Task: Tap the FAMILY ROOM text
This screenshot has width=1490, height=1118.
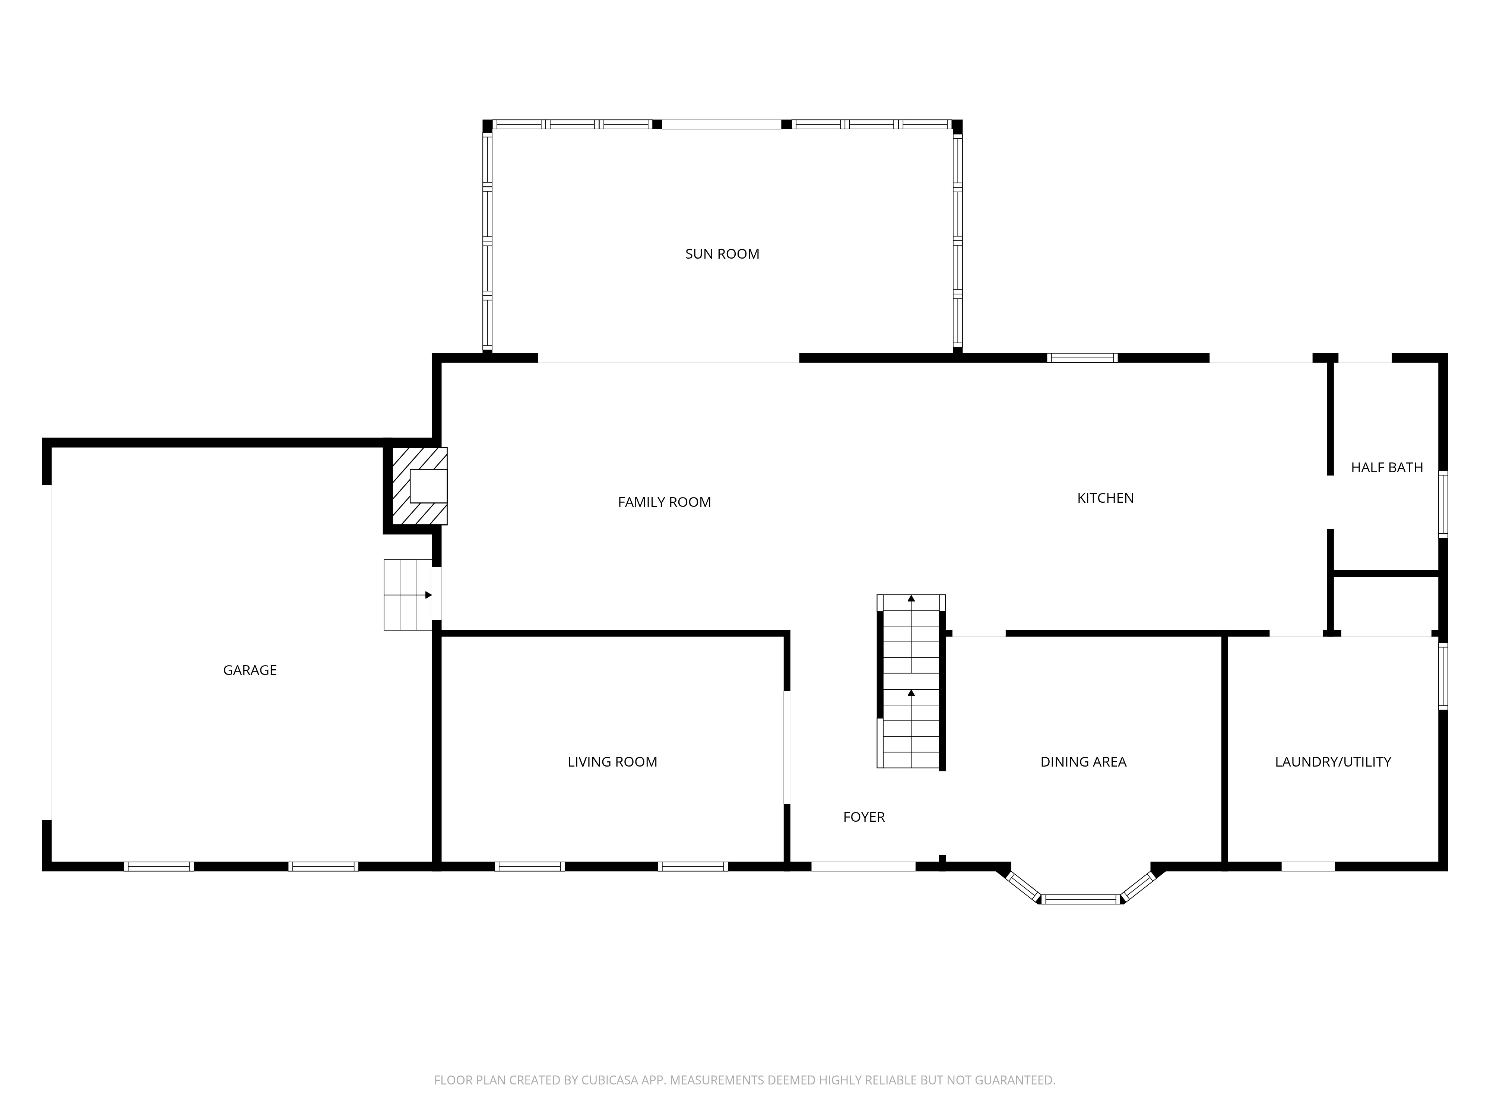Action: coord(664,502)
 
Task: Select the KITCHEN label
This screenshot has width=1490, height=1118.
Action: coord(1105,498)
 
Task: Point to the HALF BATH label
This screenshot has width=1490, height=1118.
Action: coord(1386,468)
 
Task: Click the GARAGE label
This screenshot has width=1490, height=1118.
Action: coord(250,670)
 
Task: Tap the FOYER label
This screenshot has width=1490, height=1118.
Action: coord(863,817)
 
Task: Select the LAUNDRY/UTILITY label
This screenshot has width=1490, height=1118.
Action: coord(1332,761)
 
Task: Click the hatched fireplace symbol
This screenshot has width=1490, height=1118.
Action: coord(419,486)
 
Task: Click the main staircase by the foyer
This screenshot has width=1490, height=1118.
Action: coord(911,680)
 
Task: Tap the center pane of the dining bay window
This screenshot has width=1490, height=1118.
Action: coord(1081,899)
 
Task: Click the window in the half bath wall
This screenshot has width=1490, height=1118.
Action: coord(1443,504)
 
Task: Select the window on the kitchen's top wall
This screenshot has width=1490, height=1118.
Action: coord(1082,358)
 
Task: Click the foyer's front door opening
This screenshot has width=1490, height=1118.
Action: coord(863,866)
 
